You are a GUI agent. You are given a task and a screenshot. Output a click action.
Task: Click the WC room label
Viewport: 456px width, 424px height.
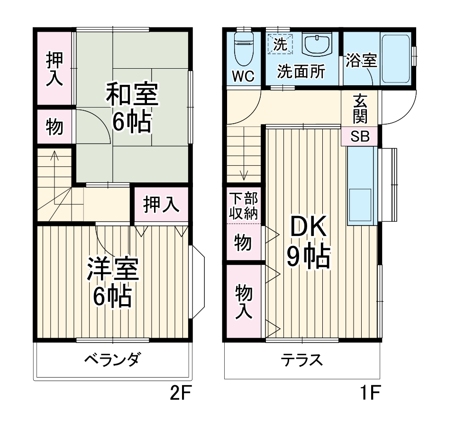coord(243,76)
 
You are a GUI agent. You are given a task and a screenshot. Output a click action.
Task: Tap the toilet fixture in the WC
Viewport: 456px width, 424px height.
coord(245,47)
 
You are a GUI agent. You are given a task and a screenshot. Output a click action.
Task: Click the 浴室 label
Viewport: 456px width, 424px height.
coord(361,61)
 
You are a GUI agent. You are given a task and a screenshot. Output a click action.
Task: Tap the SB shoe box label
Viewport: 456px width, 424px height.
coord(360,136)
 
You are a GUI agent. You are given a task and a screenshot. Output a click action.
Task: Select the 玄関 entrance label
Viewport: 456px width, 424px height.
coord(360,108)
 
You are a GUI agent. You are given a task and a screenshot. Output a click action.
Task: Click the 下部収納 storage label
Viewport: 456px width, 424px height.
coord(244,205)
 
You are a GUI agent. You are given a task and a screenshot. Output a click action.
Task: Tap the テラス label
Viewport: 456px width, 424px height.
coord(301,361)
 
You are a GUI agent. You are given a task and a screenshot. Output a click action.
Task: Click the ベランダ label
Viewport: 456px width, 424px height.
coord(112,360)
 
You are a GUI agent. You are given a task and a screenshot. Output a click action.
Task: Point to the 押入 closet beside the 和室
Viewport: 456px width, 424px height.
coord(54,69)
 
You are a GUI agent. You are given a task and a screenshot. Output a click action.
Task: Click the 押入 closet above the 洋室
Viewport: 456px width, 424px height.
coord(161,205)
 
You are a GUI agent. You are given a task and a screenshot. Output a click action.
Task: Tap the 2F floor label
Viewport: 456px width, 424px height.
coord(180,393)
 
